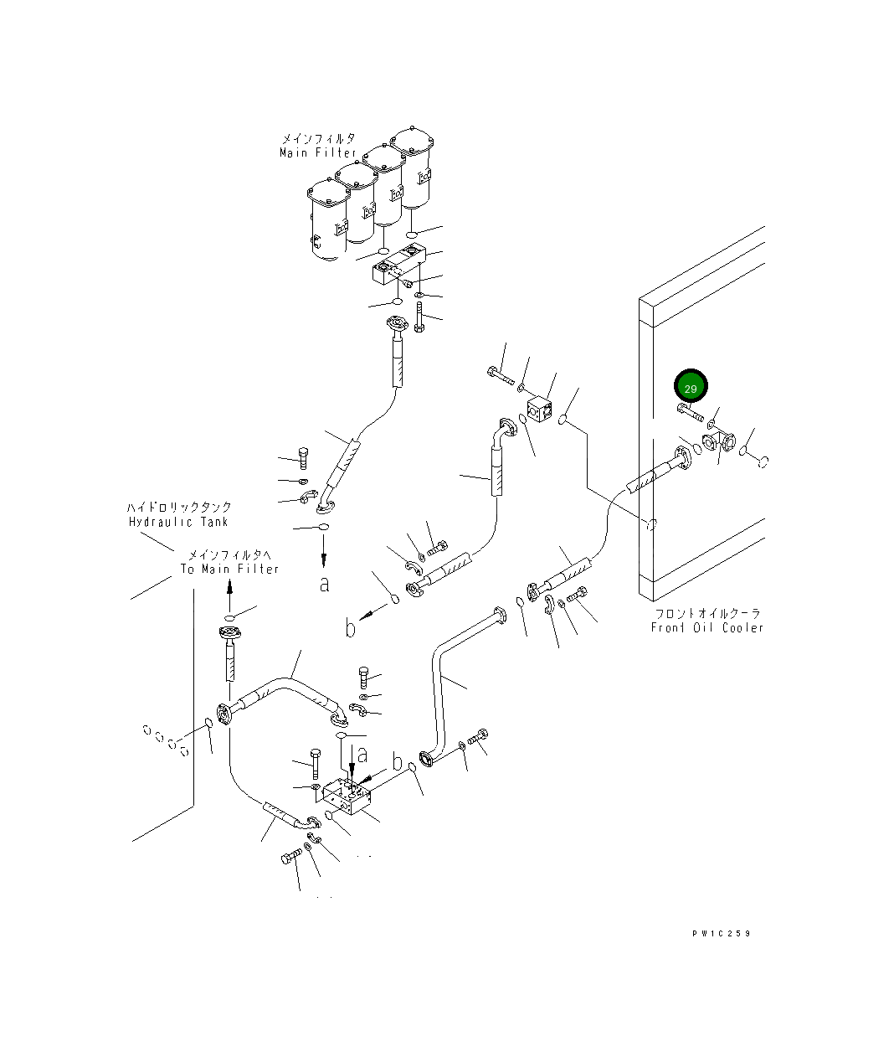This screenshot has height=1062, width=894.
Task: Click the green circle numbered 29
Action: pyautogui.click(x=691, y=386)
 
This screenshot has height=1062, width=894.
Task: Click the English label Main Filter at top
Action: pyautogui.click(x=317, y=152)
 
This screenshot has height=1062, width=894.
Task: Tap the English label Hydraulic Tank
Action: pyautogui.click(x=178, y=522)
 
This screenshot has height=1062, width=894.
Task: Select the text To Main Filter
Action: pyautogui.click(x=229, y=569)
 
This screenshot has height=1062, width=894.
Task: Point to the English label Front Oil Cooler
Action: pyautogui.click(x=707, y=627)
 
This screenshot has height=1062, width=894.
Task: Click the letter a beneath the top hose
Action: pyautogui.click(x=325, y=585)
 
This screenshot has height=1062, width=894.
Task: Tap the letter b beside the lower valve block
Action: pyautogui.click(x=398, y=762)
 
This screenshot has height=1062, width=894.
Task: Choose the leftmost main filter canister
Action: pyautogui.click(x=328, y=219)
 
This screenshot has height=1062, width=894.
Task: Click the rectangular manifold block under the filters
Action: pyautogui.click(x=399, y=265)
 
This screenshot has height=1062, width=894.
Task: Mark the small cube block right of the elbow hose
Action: pyautogui.click(x=539, y=410)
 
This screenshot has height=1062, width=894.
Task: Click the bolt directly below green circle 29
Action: pyautogui.click(x=690, y=411)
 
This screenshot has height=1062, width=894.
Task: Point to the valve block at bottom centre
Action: pyautogui.click(x=347, y=797)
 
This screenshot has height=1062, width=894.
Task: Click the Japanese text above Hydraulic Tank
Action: pyautogui.click(x=179, y=507)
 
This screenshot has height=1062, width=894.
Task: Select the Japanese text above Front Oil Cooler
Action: pyautogui.click(x=707, y=613)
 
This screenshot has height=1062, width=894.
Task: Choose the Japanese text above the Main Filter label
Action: pyautogui.click(x=319, y=138)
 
